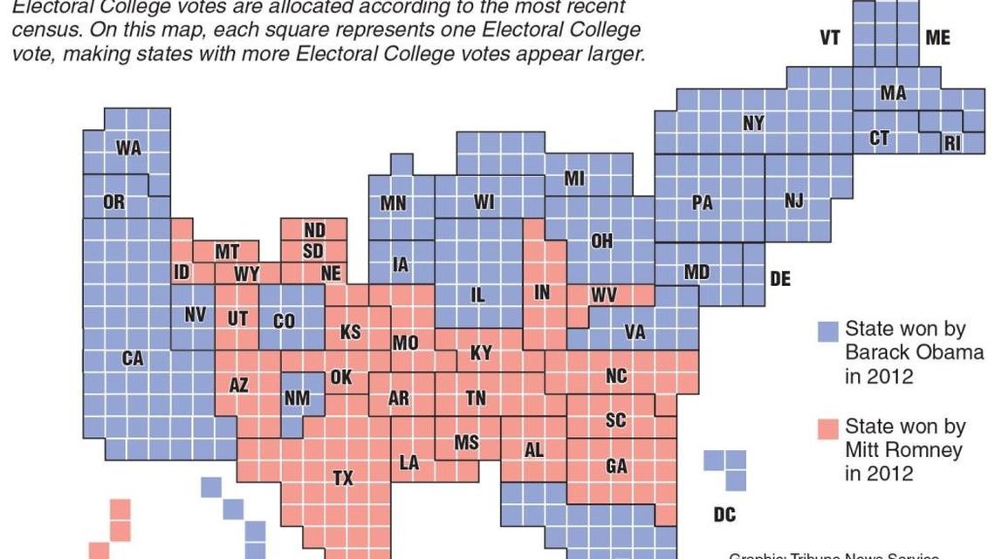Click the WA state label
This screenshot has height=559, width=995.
(x=128, y=148)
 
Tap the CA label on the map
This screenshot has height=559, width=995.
(x=133, y=358)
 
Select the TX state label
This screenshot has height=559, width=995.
(x=344, y=477)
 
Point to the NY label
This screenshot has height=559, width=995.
(x=753, y=123)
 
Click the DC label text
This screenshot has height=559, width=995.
(x=724, y=515)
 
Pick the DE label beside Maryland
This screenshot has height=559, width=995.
(x=779, y=279)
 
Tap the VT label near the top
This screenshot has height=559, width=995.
(x=829, y=38)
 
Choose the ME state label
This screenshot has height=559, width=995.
(x=937, y=38)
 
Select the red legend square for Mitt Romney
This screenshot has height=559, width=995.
(x=827, y=429)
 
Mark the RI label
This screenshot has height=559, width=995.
(x=952, y=143)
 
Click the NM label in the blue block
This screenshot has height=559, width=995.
(x=297, y=398)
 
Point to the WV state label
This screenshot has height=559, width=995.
(x=604, y=296)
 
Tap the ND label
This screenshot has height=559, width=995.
(x=314, y=230)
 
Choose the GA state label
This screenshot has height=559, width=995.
(x=616, y=467)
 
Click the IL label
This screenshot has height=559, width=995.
(x=477, y=296)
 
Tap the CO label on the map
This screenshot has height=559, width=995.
(x=285, y=321)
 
